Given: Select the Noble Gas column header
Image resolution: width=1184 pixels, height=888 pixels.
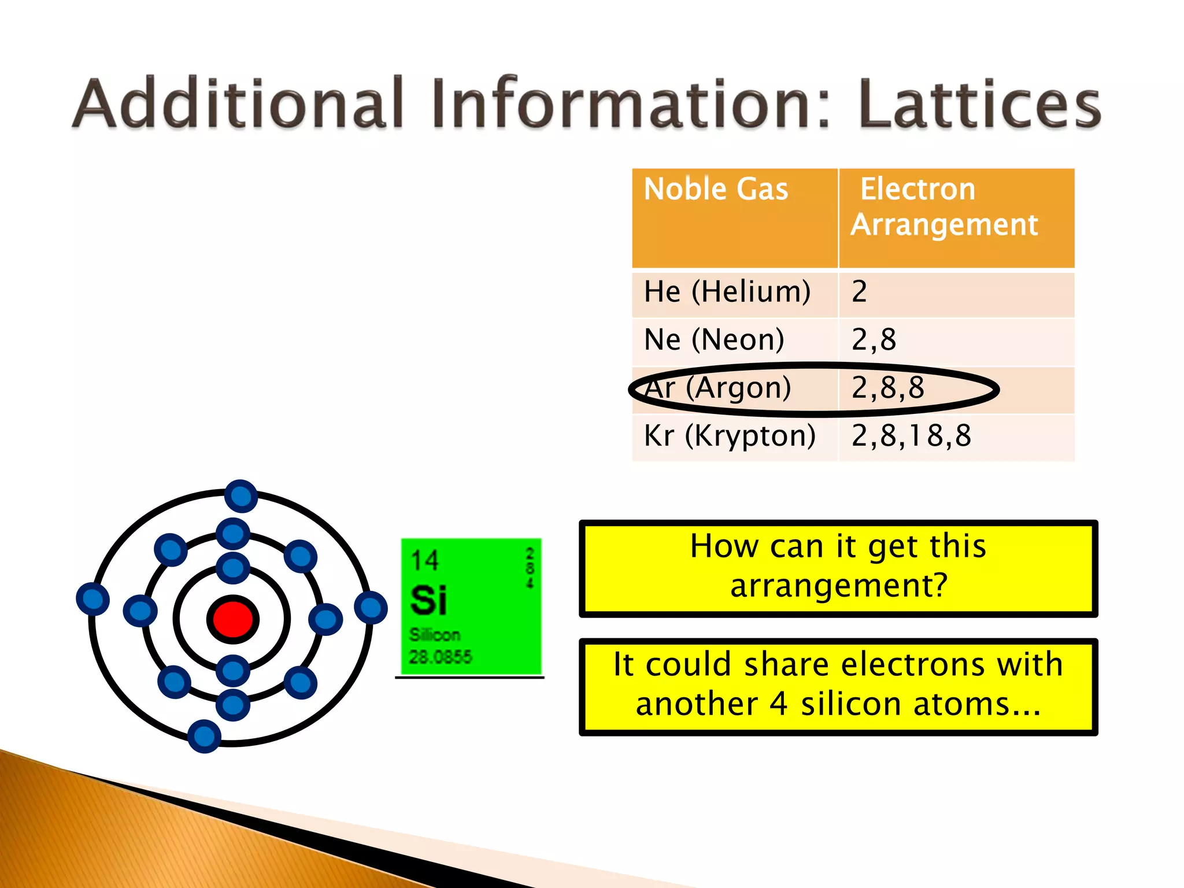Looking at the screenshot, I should (716, 189).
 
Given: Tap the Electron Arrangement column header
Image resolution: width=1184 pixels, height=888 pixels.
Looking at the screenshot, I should (944, 206).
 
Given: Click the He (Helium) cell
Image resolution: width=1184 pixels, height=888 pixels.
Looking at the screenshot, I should (727, 291).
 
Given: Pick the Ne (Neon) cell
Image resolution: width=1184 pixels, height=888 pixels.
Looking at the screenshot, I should (714, 339).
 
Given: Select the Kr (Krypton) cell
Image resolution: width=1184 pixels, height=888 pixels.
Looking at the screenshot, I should (730, 435).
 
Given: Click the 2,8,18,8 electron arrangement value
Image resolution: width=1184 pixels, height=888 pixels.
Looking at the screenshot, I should (911, 435).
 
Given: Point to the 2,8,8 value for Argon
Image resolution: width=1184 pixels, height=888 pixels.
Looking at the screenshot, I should (887, 387).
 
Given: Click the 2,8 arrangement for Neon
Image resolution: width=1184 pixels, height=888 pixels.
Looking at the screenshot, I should (874, 339).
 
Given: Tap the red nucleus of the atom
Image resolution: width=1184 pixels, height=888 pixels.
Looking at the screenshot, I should (232, 619).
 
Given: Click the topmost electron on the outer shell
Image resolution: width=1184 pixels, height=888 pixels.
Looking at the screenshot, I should (240, 496).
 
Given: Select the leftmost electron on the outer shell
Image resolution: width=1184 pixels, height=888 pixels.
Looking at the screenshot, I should (92, 599).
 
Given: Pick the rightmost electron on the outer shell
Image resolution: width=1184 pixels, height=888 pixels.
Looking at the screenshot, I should (371, 608).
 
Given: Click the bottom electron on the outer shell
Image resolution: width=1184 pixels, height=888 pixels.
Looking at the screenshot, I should (204, 736).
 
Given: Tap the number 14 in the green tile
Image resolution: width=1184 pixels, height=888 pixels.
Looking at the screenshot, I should (425, 560).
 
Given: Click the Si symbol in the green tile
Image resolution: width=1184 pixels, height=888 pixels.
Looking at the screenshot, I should (428, 600).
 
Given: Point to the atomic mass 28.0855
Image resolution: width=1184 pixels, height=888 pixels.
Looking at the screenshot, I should (440, 657).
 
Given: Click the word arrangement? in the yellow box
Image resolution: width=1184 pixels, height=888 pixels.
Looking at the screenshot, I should (839, 586).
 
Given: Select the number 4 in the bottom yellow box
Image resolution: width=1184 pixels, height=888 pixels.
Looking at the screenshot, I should (778, 704).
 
